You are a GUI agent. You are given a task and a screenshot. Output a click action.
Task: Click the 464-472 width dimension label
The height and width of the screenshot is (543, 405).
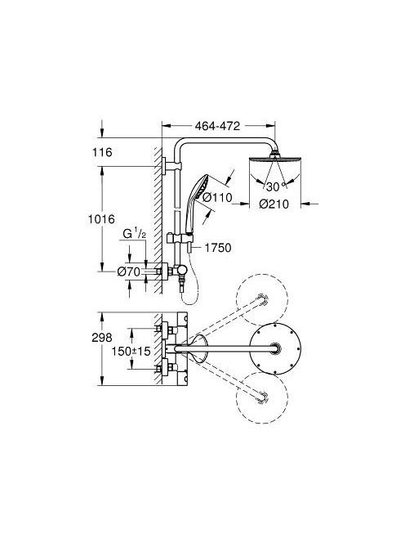tap(217, 126)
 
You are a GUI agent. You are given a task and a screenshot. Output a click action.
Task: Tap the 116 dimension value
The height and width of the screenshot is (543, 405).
tap(102, 152)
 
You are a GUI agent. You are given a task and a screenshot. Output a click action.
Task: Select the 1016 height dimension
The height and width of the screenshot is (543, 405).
tap(101, 219)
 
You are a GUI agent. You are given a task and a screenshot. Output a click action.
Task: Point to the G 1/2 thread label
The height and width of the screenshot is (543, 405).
tap(135, 233)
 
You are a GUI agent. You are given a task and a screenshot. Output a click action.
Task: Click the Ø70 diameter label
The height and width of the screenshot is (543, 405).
tap(129, 271)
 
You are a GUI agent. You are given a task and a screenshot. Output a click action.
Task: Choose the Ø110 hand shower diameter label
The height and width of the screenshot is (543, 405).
tap(217, 197)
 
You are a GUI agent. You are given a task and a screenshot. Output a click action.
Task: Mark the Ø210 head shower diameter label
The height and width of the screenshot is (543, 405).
tap(274, 204)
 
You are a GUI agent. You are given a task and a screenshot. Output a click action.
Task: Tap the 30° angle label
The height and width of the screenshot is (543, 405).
tap(276, 186)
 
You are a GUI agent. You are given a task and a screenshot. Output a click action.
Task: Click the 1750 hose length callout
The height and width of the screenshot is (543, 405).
tap(218, 248)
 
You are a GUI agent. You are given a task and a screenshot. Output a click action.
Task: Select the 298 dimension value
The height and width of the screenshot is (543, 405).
tap(102, 337)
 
